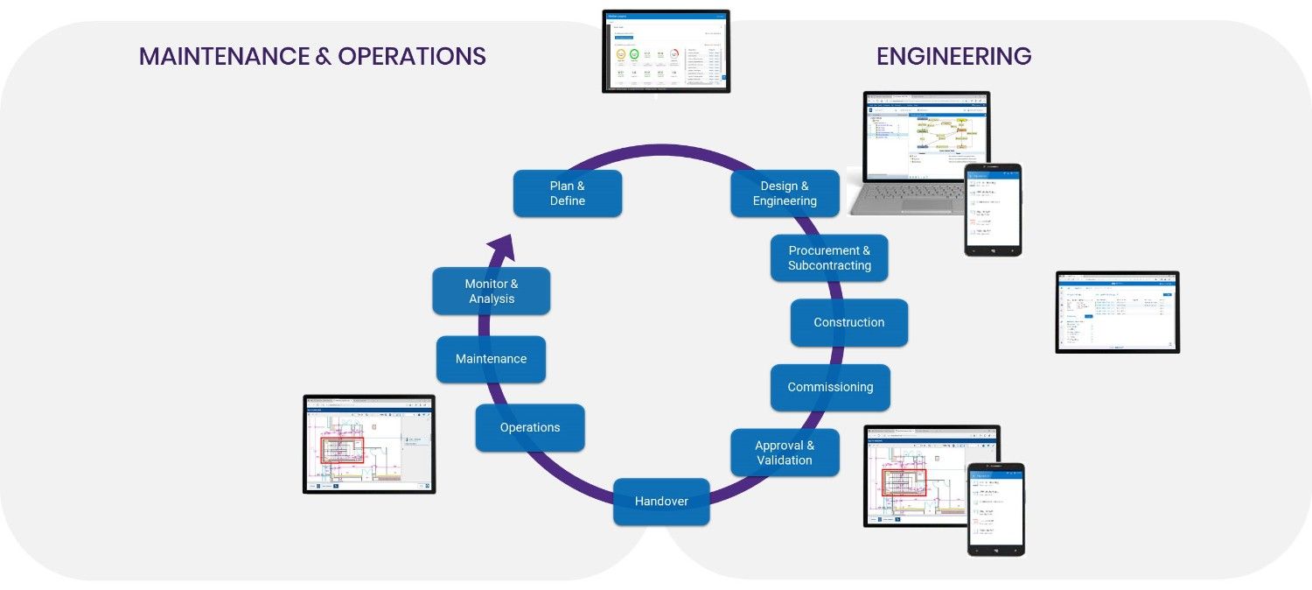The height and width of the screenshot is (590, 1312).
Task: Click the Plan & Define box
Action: pyautogui.click(x=567, y=193)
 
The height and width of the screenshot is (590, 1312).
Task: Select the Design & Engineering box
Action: pyautogui.click(x=785, y=193)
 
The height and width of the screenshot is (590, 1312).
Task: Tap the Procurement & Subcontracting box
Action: pyautogui.click(x=829, y=258)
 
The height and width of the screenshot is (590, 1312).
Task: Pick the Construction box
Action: pyautogui.click(x=848, y=323)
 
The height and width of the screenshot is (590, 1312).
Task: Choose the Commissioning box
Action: pyautogui.click(x=830, y=388)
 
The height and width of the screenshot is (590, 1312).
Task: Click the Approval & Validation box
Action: pyautogui.click(x=785, y=453)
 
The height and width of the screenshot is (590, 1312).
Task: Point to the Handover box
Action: pyautogui.click(x=661, y=502)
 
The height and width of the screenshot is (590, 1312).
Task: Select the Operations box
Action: pyautogui.click(x=530, y=428)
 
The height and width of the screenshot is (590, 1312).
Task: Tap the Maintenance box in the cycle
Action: pyautogui.click(x=491, y=359)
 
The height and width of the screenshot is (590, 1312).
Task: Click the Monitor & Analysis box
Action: pyautogui.click(x=491, y=291)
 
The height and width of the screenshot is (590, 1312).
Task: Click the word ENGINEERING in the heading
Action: pyautogui.click(x=953, y=57)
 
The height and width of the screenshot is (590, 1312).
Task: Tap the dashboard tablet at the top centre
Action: pyautogui.click(x=666, y=51)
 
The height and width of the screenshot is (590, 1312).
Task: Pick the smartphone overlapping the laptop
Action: pyautogui.click(x=993, y=210)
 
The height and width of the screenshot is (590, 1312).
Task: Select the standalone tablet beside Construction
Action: pyautogui.click(x=1117, y=312)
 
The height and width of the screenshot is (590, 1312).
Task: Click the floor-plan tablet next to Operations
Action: pyautogui.click(x=369, y=444)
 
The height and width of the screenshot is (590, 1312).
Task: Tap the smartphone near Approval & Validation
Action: pyautogui.click(x=995, y=509)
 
